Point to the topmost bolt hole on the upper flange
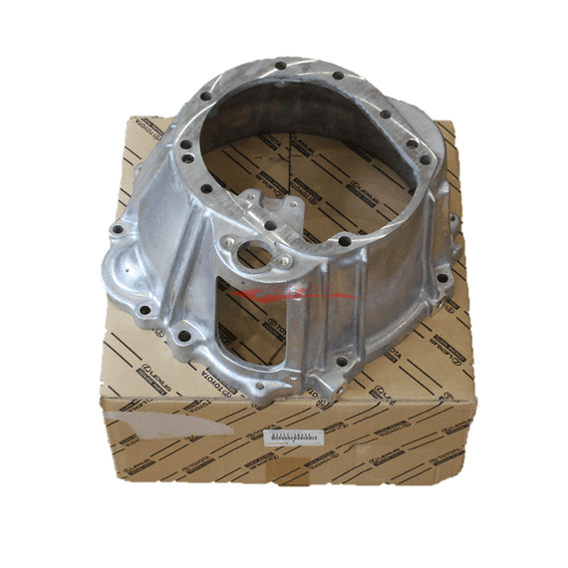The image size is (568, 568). click(281, 66)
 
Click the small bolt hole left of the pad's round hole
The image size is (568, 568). click(230, 239)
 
